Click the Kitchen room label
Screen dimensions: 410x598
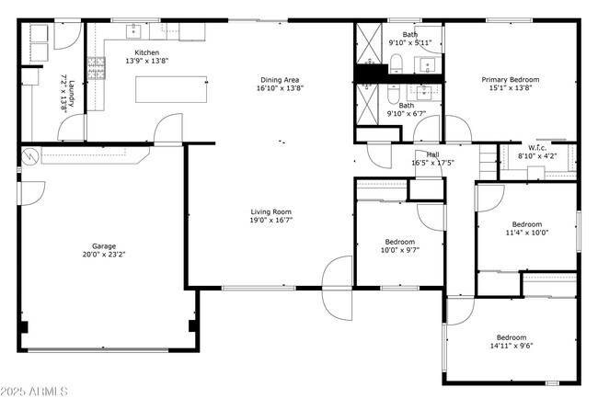(x=147, y=53)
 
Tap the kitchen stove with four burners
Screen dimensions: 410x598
(x=96, y=65)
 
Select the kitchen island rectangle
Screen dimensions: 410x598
(x=171, y=89)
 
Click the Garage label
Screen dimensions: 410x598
(x=104, y=246)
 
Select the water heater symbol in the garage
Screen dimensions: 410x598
(x=29, y=156)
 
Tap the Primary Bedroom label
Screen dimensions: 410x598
(x=511, y=80)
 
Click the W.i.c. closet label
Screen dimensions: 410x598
(x=538, y=148)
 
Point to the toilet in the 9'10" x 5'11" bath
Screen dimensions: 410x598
(x=396, y=63)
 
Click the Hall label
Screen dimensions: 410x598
(x=431, y=154)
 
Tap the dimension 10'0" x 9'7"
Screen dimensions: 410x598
(x=400, y=249)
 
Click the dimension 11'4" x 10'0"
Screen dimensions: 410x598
(x=527, y=233)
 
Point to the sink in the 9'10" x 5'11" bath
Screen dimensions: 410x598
(x=426, y=63)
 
